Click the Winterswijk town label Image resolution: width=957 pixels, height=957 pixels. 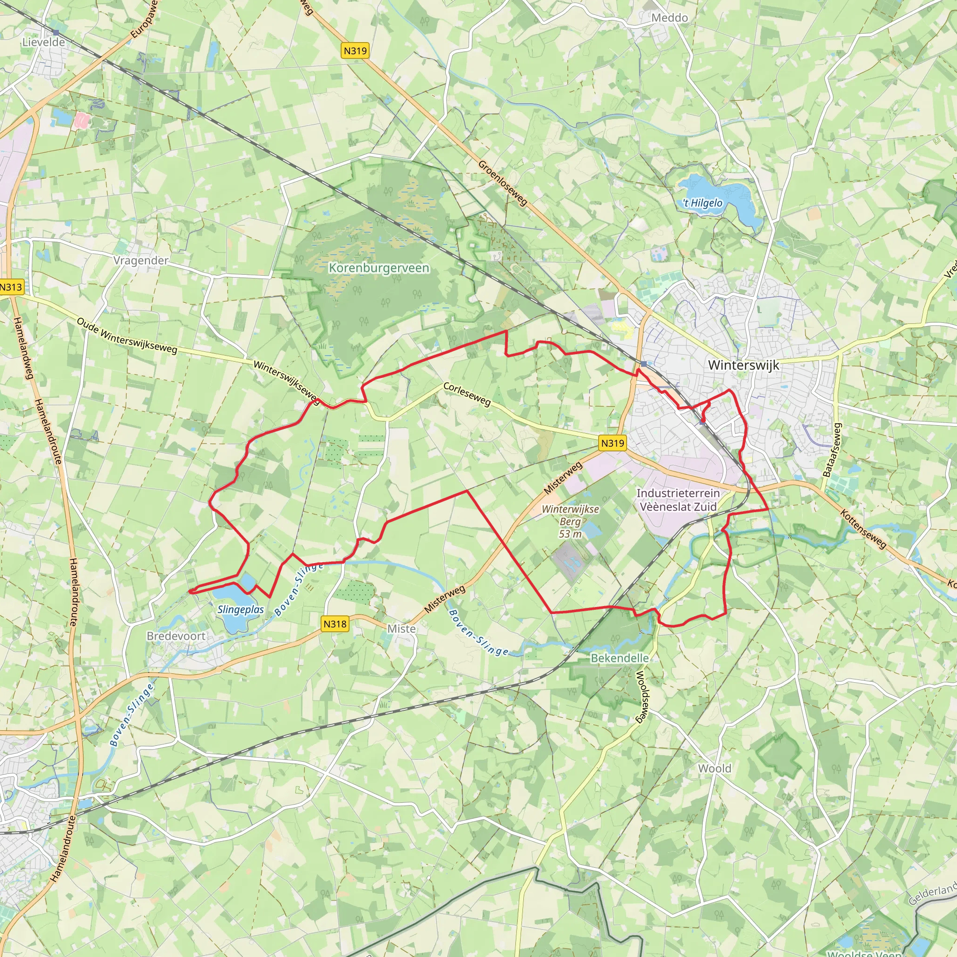743,365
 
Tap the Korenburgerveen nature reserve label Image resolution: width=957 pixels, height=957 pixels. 379,268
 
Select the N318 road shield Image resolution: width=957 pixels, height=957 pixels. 335,624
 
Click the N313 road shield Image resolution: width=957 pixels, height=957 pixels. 11,287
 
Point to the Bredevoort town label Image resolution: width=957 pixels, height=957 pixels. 176,636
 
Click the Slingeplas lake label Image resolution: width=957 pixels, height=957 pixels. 241,609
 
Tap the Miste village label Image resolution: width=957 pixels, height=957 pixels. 401,628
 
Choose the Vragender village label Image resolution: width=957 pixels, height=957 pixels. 141,261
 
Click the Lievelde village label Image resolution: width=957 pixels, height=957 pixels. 43,42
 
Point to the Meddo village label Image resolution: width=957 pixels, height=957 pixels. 670,18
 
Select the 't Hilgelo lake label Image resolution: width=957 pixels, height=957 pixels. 703,203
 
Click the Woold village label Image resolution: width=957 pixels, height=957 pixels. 714,768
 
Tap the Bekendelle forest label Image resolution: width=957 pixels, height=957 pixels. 620,658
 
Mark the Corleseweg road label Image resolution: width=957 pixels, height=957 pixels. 467,394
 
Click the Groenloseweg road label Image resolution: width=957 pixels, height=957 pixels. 503,183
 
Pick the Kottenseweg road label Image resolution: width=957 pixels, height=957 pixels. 863,529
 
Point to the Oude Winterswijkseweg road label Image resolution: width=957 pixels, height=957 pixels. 127,336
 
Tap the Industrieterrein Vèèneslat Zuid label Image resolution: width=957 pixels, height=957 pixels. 678,500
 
